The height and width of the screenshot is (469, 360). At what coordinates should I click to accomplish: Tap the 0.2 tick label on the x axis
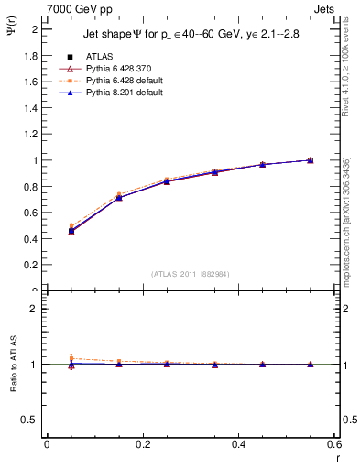(142, 444)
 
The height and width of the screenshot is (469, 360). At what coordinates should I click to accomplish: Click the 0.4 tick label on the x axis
(238, 444)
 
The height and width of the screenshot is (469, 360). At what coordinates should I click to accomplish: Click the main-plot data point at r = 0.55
(310, 160)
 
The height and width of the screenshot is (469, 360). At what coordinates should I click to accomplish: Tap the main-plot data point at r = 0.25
(167, 181)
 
